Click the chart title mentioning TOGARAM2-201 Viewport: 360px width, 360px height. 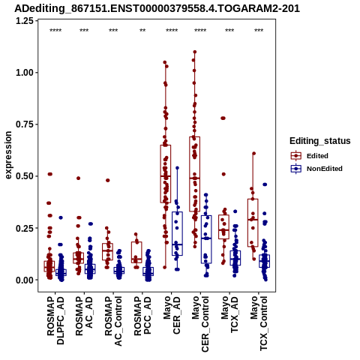(x=157, y=8)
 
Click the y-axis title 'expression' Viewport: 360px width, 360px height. (x=8, y=155)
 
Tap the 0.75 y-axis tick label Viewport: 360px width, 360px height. (x=25, y=124)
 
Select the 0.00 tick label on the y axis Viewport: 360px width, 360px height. (x=25, y=280)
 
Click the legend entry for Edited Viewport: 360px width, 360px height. (x=309, y=156)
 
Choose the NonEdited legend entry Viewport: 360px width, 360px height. (x=316, y=169)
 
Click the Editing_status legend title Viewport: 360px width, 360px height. (x=320, y=141)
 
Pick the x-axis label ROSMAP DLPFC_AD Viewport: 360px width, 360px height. (x=55, y=320)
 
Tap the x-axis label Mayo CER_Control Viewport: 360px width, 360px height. (x=200, y=324)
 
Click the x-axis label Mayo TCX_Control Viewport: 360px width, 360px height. (x=259, y=323)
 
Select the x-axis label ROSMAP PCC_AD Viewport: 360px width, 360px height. (x=142, y=316)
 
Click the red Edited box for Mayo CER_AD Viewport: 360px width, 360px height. (x=166, y=174)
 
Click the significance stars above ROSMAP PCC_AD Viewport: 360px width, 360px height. (x=142, y=31)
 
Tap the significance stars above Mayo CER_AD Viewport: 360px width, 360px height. (x=172, y=31)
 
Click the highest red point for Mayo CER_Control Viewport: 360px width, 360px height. (x=195, y=52)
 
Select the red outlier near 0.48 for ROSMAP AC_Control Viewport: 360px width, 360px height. (x=108, y=180)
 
